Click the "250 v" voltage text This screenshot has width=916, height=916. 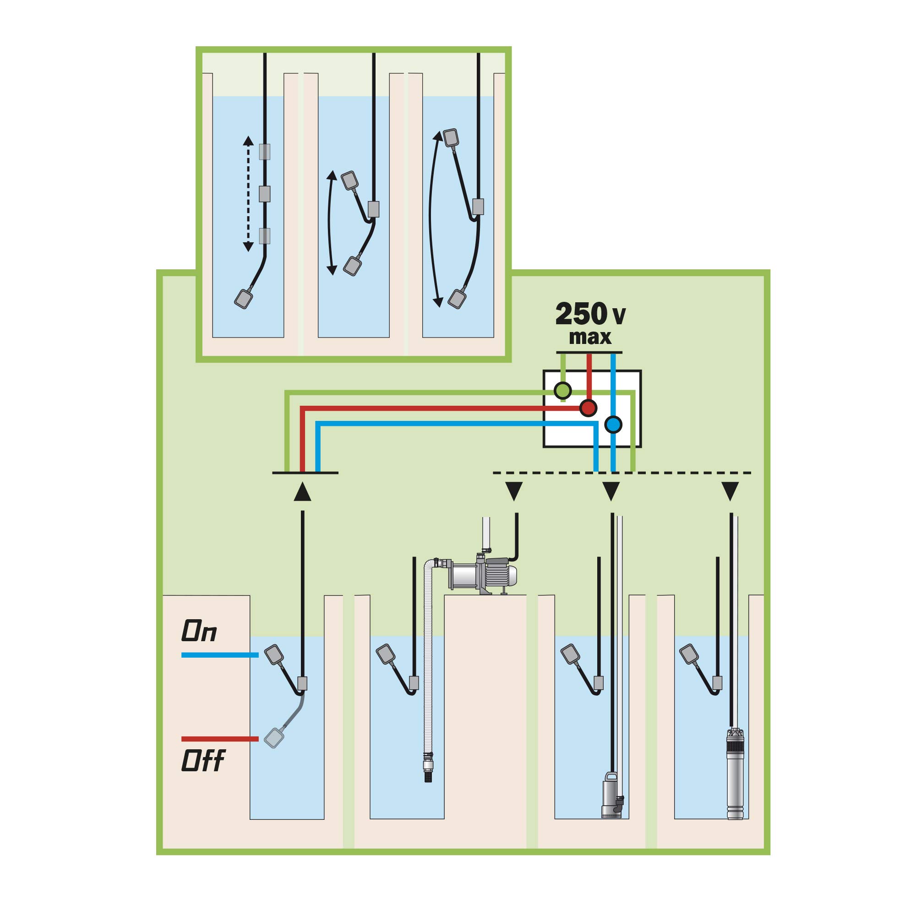[590, 314]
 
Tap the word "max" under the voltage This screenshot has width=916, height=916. [590, 338]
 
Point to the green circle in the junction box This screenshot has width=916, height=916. [563, 390]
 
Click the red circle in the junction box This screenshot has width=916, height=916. [589, 407]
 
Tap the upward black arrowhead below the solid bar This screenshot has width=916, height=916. [302, 491]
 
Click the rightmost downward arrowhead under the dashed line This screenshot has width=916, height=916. [730, 491]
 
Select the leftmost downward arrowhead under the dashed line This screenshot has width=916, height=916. [514, 491]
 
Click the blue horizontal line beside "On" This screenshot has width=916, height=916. [220, 655]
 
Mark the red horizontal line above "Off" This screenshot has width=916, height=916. [220, 739]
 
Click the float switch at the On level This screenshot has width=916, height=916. [274, 655]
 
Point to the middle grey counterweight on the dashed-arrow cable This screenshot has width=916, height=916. [265, 193]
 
